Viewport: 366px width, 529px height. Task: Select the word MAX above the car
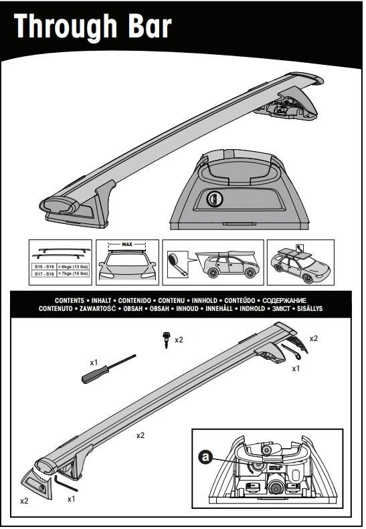pyautogui.click(x=127, y=245)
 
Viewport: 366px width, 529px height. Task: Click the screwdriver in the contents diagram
pyautogui.click(x=107, y=368)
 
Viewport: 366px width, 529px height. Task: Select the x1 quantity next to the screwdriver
pyautogui.click(x=95, y=362)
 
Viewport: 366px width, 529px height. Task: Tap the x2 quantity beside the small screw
pyautogui.click(x=179, y=340)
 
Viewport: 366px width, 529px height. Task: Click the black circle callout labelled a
pyautogui.click(x=207, y=457)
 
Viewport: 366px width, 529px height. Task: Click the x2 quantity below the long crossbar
pyautogui.click(x=141, y=435)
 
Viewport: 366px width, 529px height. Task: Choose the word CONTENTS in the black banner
pyautogui.click(x=66, y=302)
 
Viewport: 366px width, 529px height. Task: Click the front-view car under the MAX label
pyautogui.click(x=127, y=266)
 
